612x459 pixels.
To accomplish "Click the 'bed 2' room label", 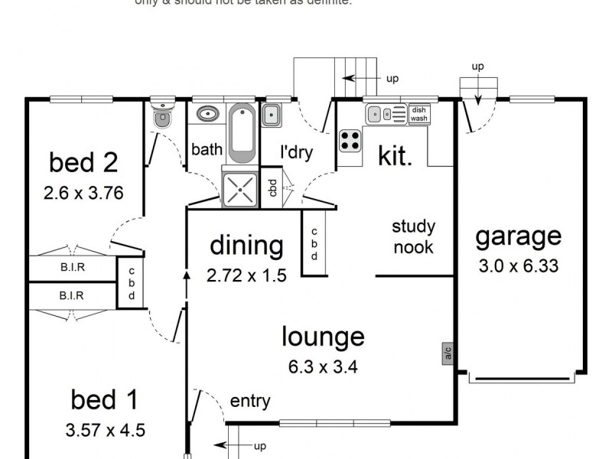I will pyautogui.click(x=83, y=162).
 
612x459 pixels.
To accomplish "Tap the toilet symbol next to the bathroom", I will pyautogui.click(x=162, y=118).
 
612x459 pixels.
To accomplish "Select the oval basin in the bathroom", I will pyautogui.click(x=207, y=115).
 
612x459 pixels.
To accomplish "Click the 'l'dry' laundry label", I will pyautogui.click(x=296, y=152).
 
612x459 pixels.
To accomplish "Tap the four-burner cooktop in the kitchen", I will pyautogui.click(x=350, y=140).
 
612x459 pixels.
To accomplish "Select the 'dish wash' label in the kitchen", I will pyautogui.click(x=418, y=114).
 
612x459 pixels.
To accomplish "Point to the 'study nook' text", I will pyautogui.click(x=414, y=236).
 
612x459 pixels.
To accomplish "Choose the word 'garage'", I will pyautogui.click(x=518, y=236).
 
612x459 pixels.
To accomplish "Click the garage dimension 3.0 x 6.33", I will pyautogui.click(x=518, y=266).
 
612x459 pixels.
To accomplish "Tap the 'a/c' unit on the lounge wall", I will pyautogui.click(x=446, y=354).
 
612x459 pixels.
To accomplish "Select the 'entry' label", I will pyautogui.click(x=250, y=401).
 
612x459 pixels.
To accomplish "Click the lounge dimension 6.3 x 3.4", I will pyautogui.click(x=323, y=366).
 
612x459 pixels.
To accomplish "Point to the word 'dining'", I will pyautogui.click(x=246, y=246).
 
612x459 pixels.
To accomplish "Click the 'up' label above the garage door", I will pyautogui.click(x=477, y=67).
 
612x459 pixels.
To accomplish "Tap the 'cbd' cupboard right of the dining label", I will pyautogui.click(x=314, y=245).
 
